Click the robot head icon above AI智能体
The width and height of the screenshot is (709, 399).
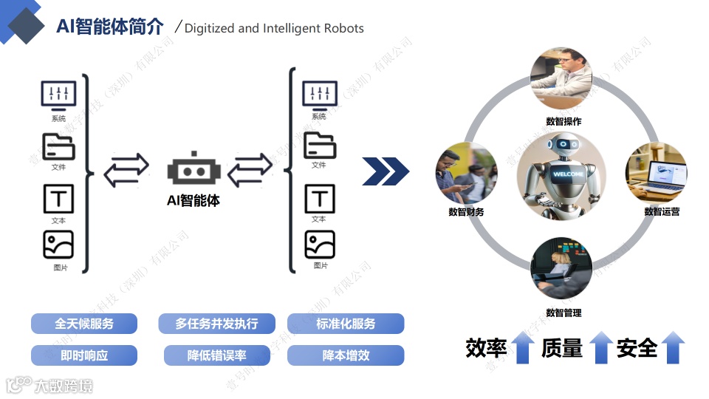click(193, 170)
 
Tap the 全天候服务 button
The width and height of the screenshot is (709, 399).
click(84, 324)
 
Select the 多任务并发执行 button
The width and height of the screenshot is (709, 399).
click(216, 324)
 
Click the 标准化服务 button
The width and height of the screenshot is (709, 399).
click(346, 324)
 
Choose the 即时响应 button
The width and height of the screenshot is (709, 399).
click(84, 355)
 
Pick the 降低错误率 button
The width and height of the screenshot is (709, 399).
click(216, 355)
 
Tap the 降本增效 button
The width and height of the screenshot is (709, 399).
click(346, 355)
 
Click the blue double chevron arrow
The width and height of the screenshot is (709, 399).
click(386, 171)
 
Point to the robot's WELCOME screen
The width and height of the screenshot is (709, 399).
click(568, 174)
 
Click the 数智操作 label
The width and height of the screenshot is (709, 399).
click(564, 121)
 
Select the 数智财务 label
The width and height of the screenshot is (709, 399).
click(466, 212)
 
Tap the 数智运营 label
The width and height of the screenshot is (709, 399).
click(662, 211)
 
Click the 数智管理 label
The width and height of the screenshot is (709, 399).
click(564, 313)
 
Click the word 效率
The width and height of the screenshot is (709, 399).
click(486, 347)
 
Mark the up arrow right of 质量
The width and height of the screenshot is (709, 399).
click(600, 347)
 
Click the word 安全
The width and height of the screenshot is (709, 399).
click(637, 347)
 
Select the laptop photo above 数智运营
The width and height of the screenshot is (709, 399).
click(656, 173)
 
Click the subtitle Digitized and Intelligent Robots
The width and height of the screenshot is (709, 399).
click(274, 29)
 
